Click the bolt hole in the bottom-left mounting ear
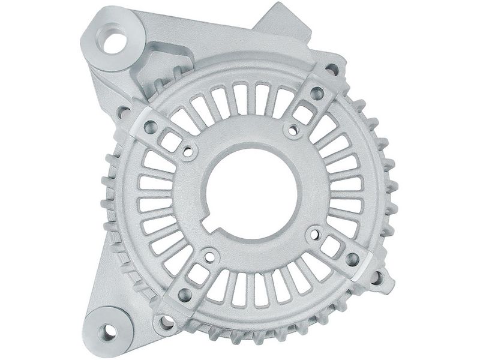[x=110, y=329]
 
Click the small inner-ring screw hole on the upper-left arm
[x=188, y=152]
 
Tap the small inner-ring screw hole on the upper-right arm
[x=293, y=130]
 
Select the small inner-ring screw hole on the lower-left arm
[x=209, y=257]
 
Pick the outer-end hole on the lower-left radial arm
[x=184, y=295]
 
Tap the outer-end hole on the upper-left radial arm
[x=150, y=127]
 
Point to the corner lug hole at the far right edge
[x=377, y=277]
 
